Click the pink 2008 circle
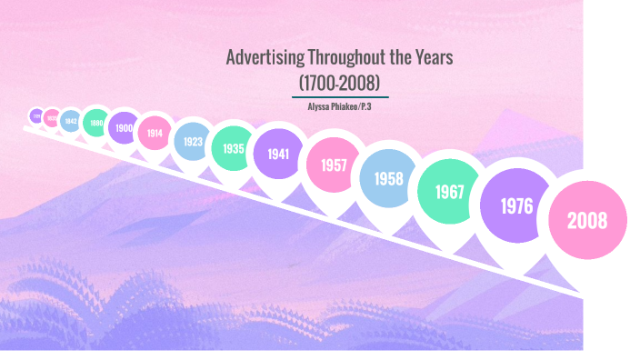tap(586, 220)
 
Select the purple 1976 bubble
tap(516, 206)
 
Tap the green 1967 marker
tap(449, 192)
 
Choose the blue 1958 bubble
tap(388, 178)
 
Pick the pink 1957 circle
tap(333, 165)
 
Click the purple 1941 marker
tap(278, 153)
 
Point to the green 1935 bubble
tap(234, 147)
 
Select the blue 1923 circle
tap(193, 142)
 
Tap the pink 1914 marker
tap(155, 133)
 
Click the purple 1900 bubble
tap(124, 127)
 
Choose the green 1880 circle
tap(95, 123)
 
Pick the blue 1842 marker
tap(70, 120)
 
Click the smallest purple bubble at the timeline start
tap(35, 116)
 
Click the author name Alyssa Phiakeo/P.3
tap(340, 106)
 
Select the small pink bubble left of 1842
tap(52, 117)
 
